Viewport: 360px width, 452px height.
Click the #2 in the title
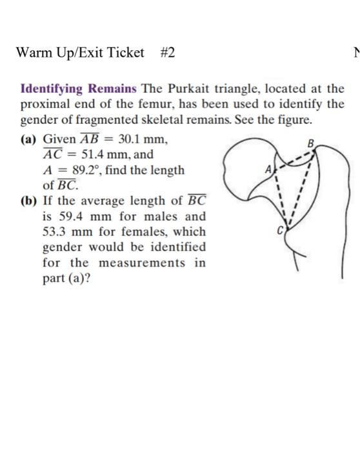point(166,53)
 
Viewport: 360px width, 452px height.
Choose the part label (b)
point(30,201)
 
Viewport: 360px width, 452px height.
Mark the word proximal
point(46,104)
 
